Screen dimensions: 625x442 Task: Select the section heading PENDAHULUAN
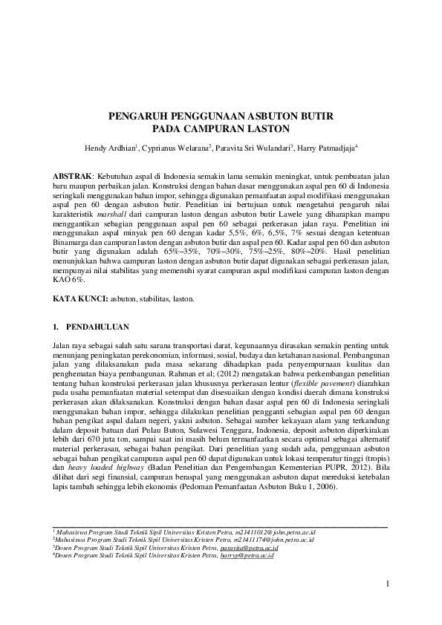coord(98,326)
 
